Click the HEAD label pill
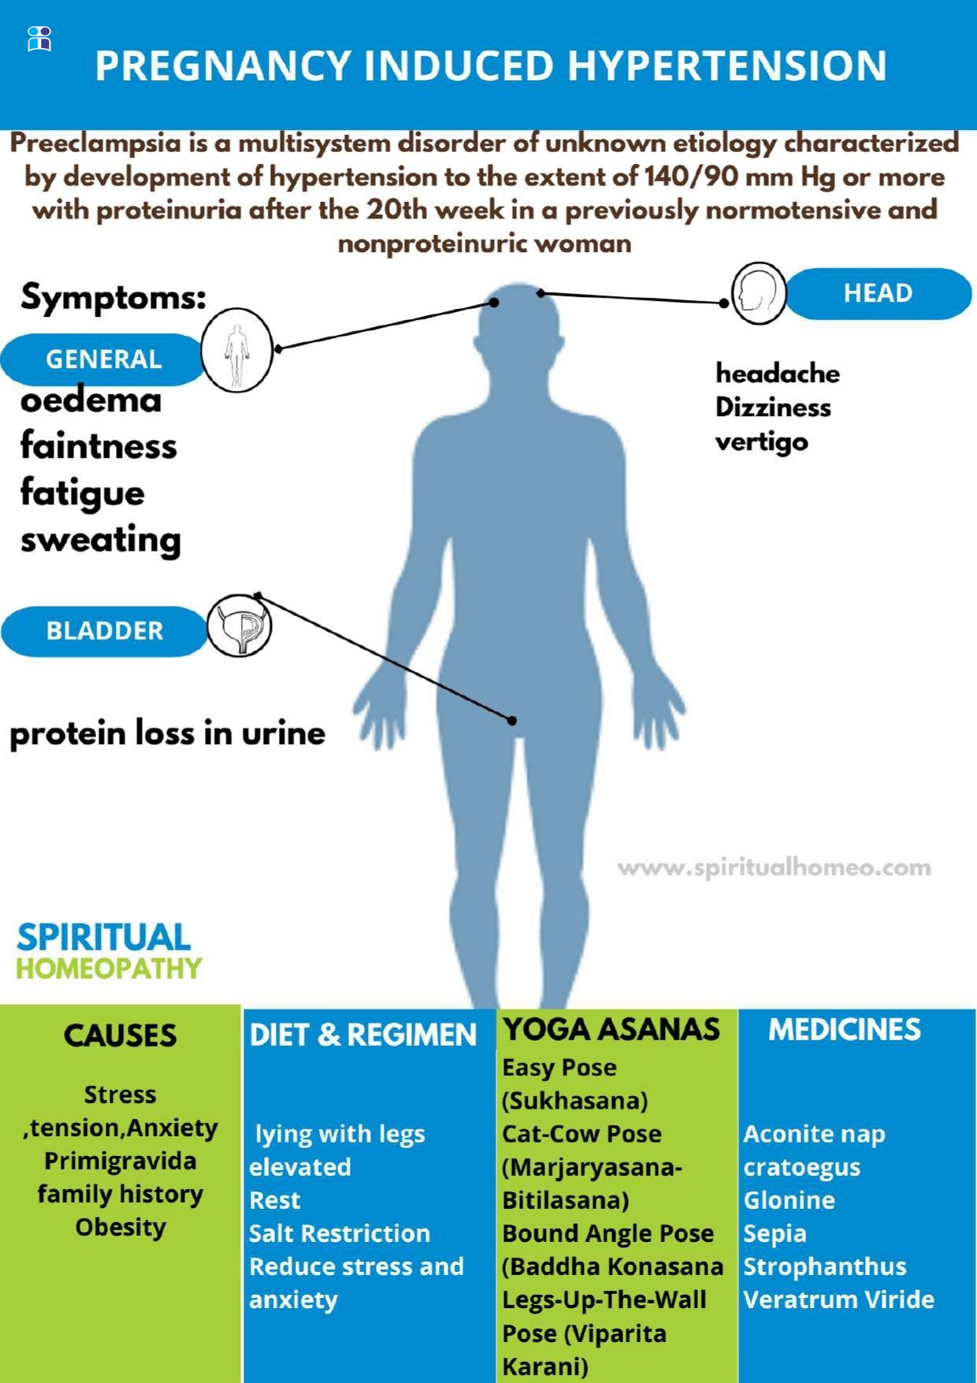[878, 293]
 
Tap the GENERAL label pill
[103, 359]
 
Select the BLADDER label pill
[104, 631]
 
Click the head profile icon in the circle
[759, 294]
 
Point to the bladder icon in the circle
[240, 626]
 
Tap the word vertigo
[761, 441]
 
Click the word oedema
[91, 400]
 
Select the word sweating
[101, 540]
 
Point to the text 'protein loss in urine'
[167, 733]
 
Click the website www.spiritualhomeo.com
[774, 868]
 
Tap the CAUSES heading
[120, 1035]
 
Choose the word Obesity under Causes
[121, 1227]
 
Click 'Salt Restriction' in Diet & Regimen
[340, 1233]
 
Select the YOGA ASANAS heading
[611, 1029]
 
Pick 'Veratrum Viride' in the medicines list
[838, 1299]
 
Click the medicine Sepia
[775, 1233]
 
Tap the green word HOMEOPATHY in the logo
[110, 968]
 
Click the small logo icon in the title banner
[39, 38]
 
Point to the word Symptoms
[113, 297]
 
